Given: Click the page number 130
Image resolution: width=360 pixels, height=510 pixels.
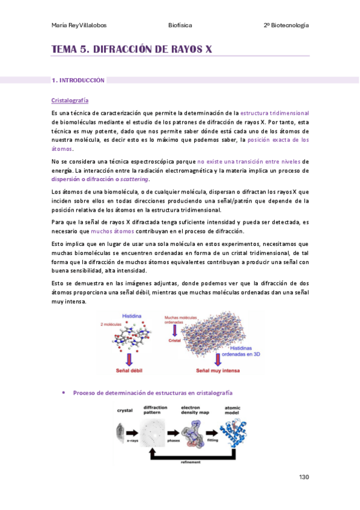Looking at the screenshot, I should point(304,477).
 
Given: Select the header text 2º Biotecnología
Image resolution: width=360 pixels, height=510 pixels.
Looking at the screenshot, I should point(286,25).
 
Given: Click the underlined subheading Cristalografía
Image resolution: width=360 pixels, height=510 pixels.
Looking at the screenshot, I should point(70,100).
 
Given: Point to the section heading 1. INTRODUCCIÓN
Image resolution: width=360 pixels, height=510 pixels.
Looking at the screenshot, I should point(78,80).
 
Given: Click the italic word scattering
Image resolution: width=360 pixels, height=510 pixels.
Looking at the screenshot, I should point(135,179).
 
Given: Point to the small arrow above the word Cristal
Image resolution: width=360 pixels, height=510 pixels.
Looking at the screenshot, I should point(175,330).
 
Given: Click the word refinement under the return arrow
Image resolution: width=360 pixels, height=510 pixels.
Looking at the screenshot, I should point(190,462).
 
